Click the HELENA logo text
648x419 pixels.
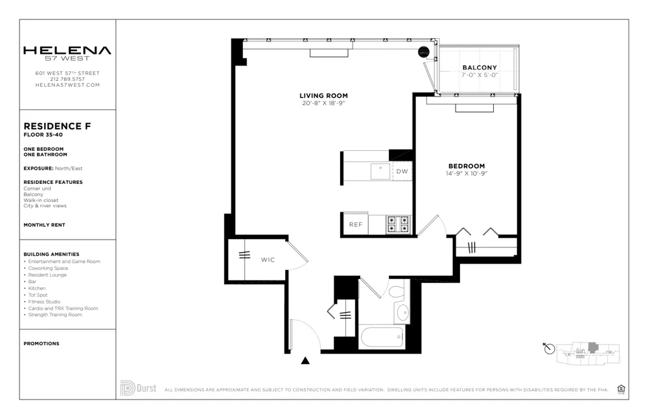pyautogui.click(x=67, y=51)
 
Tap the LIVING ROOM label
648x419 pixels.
pyautogui.click(x=324, y=96)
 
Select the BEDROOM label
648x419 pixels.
pyautogui.click(x=465, y=166)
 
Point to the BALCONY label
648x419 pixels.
pyautogui.click(x=480, y=67)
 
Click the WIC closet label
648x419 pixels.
pyautogui.click(x=268, y=260)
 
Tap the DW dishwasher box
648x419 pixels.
pyautogui.click(x=402, y=172)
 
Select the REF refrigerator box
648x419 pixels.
pyautogui.click(x=355, y=225)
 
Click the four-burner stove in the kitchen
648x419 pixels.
pyautogui.click(x=398, y=224)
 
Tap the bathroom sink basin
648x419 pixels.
pyautogui.click(x=402, y=313)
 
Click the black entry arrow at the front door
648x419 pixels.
pyautogui.click(x=306, y=361)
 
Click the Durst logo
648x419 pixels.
pyautogui.click(x=137, y=389)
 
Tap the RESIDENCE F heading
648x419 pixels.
pyautogui.click(x=56, y=126)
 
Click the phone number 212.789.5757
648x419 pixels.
pyautogui.click(x=67, y=79)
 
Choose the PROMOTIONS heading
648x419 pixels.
pyautogui.click(x=41, y=343)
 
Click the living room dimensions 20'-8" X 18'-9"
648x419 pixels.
pyautogui.click(x=324, y=103)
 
